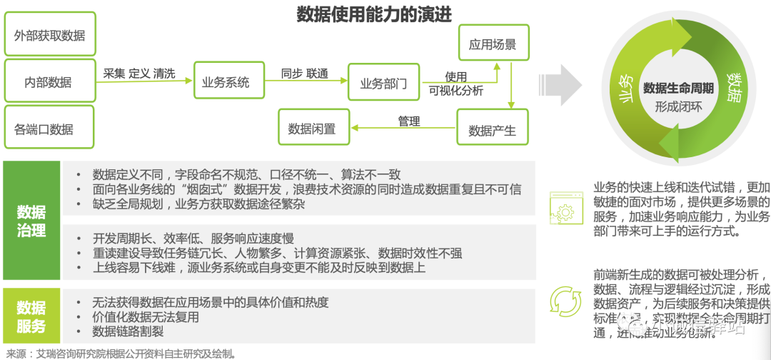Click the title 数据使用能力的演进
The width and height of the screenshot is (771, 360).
374,14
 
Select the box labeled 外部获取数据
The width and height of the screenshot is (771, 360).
49,35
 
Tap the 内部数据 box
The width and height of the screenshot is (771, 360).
49,82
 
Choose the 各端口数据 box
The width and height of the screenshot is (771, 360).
49,129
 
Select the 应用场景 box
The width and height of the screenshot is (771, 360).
492,45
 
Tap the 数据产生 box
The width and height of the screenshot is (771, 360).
492,131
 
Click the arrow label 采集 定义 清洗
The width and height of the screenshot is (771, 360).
139,73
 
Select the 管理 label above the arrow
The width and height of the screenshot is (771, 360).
409,121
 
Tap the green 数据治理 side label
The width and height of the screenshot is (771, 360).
31,221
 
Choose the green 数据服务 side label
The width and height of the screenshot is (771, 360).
31,316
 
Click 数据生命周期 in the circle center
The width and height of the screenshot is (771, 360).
678,88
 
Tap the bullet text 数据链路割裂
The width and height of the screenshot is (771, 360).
128,331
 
